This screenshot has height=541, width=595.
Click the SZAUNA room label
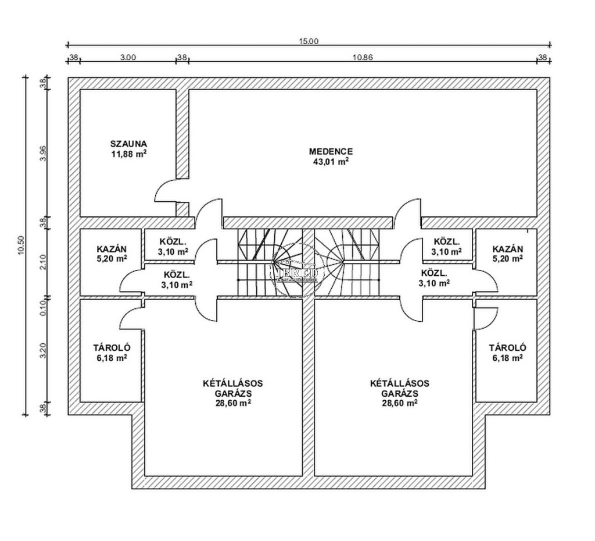click(x=129, y=143)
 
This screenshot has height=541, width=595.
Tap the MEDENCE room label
click(x=331, y=151)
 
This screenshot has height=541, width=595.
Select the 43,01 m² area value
click(x=331, y=162)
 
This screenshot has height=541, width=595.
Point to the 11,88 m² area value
click(x=129, y=154)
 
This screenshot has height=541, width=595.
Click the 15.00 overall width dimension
click(x=309, y=41)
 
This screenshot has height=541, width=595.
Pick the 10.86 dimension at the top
click(x=362, y=57)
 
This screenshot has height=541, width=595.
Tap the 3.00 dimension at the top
click(x=128, y=57)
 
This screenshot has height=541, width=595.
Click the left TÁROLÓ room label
click(x=110, y=348)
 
